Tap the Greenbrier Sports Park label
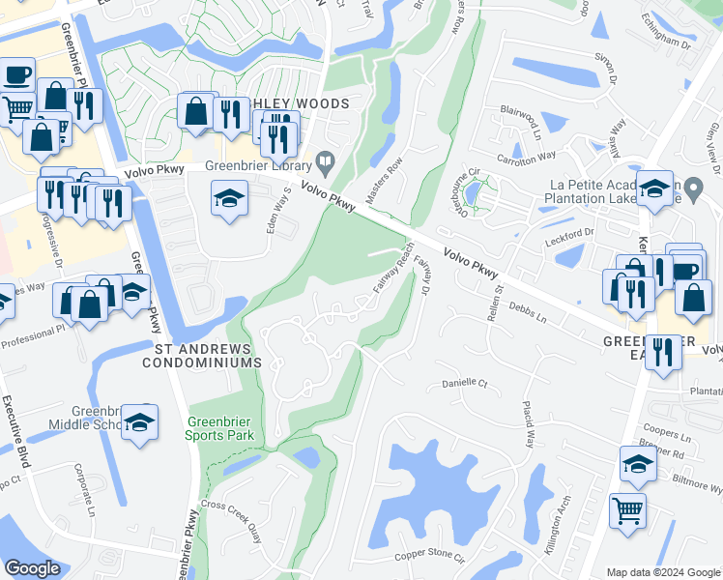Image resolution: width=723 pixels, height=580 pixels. [x=221, y=427]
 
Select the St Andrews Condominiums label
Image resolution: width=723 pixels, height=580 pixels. [x=202, y=355]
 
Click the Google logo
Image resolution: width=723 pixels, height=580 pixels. [x=32, y=568]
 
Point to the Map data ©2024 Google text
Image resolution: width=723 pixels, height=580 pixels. [x=663, y=572]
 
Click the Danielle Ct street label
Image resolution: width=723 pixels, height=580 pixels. [x=464, y=383]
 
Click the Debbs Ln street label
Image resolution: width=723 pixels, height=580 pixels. [x=527, y=313]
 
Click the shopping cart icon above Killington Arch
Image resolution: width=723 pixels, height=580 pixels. [x=628, y=509]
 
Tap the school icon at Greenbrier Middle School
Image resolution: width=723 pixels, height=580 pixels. [x=140, y=424]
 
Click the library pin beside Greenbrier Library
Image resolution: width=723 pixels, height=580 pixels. [x=327, y=161]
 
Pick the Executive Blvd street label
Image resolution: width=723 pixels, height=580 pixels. [x=18, y=430]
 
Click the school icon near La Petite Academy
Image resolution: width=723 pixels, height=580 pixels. [x=655, y=189]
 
